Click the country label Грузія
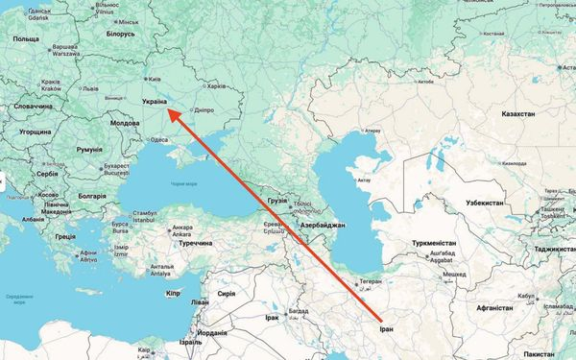277,201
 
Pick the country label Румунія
88,151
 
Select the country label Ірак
272,317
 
